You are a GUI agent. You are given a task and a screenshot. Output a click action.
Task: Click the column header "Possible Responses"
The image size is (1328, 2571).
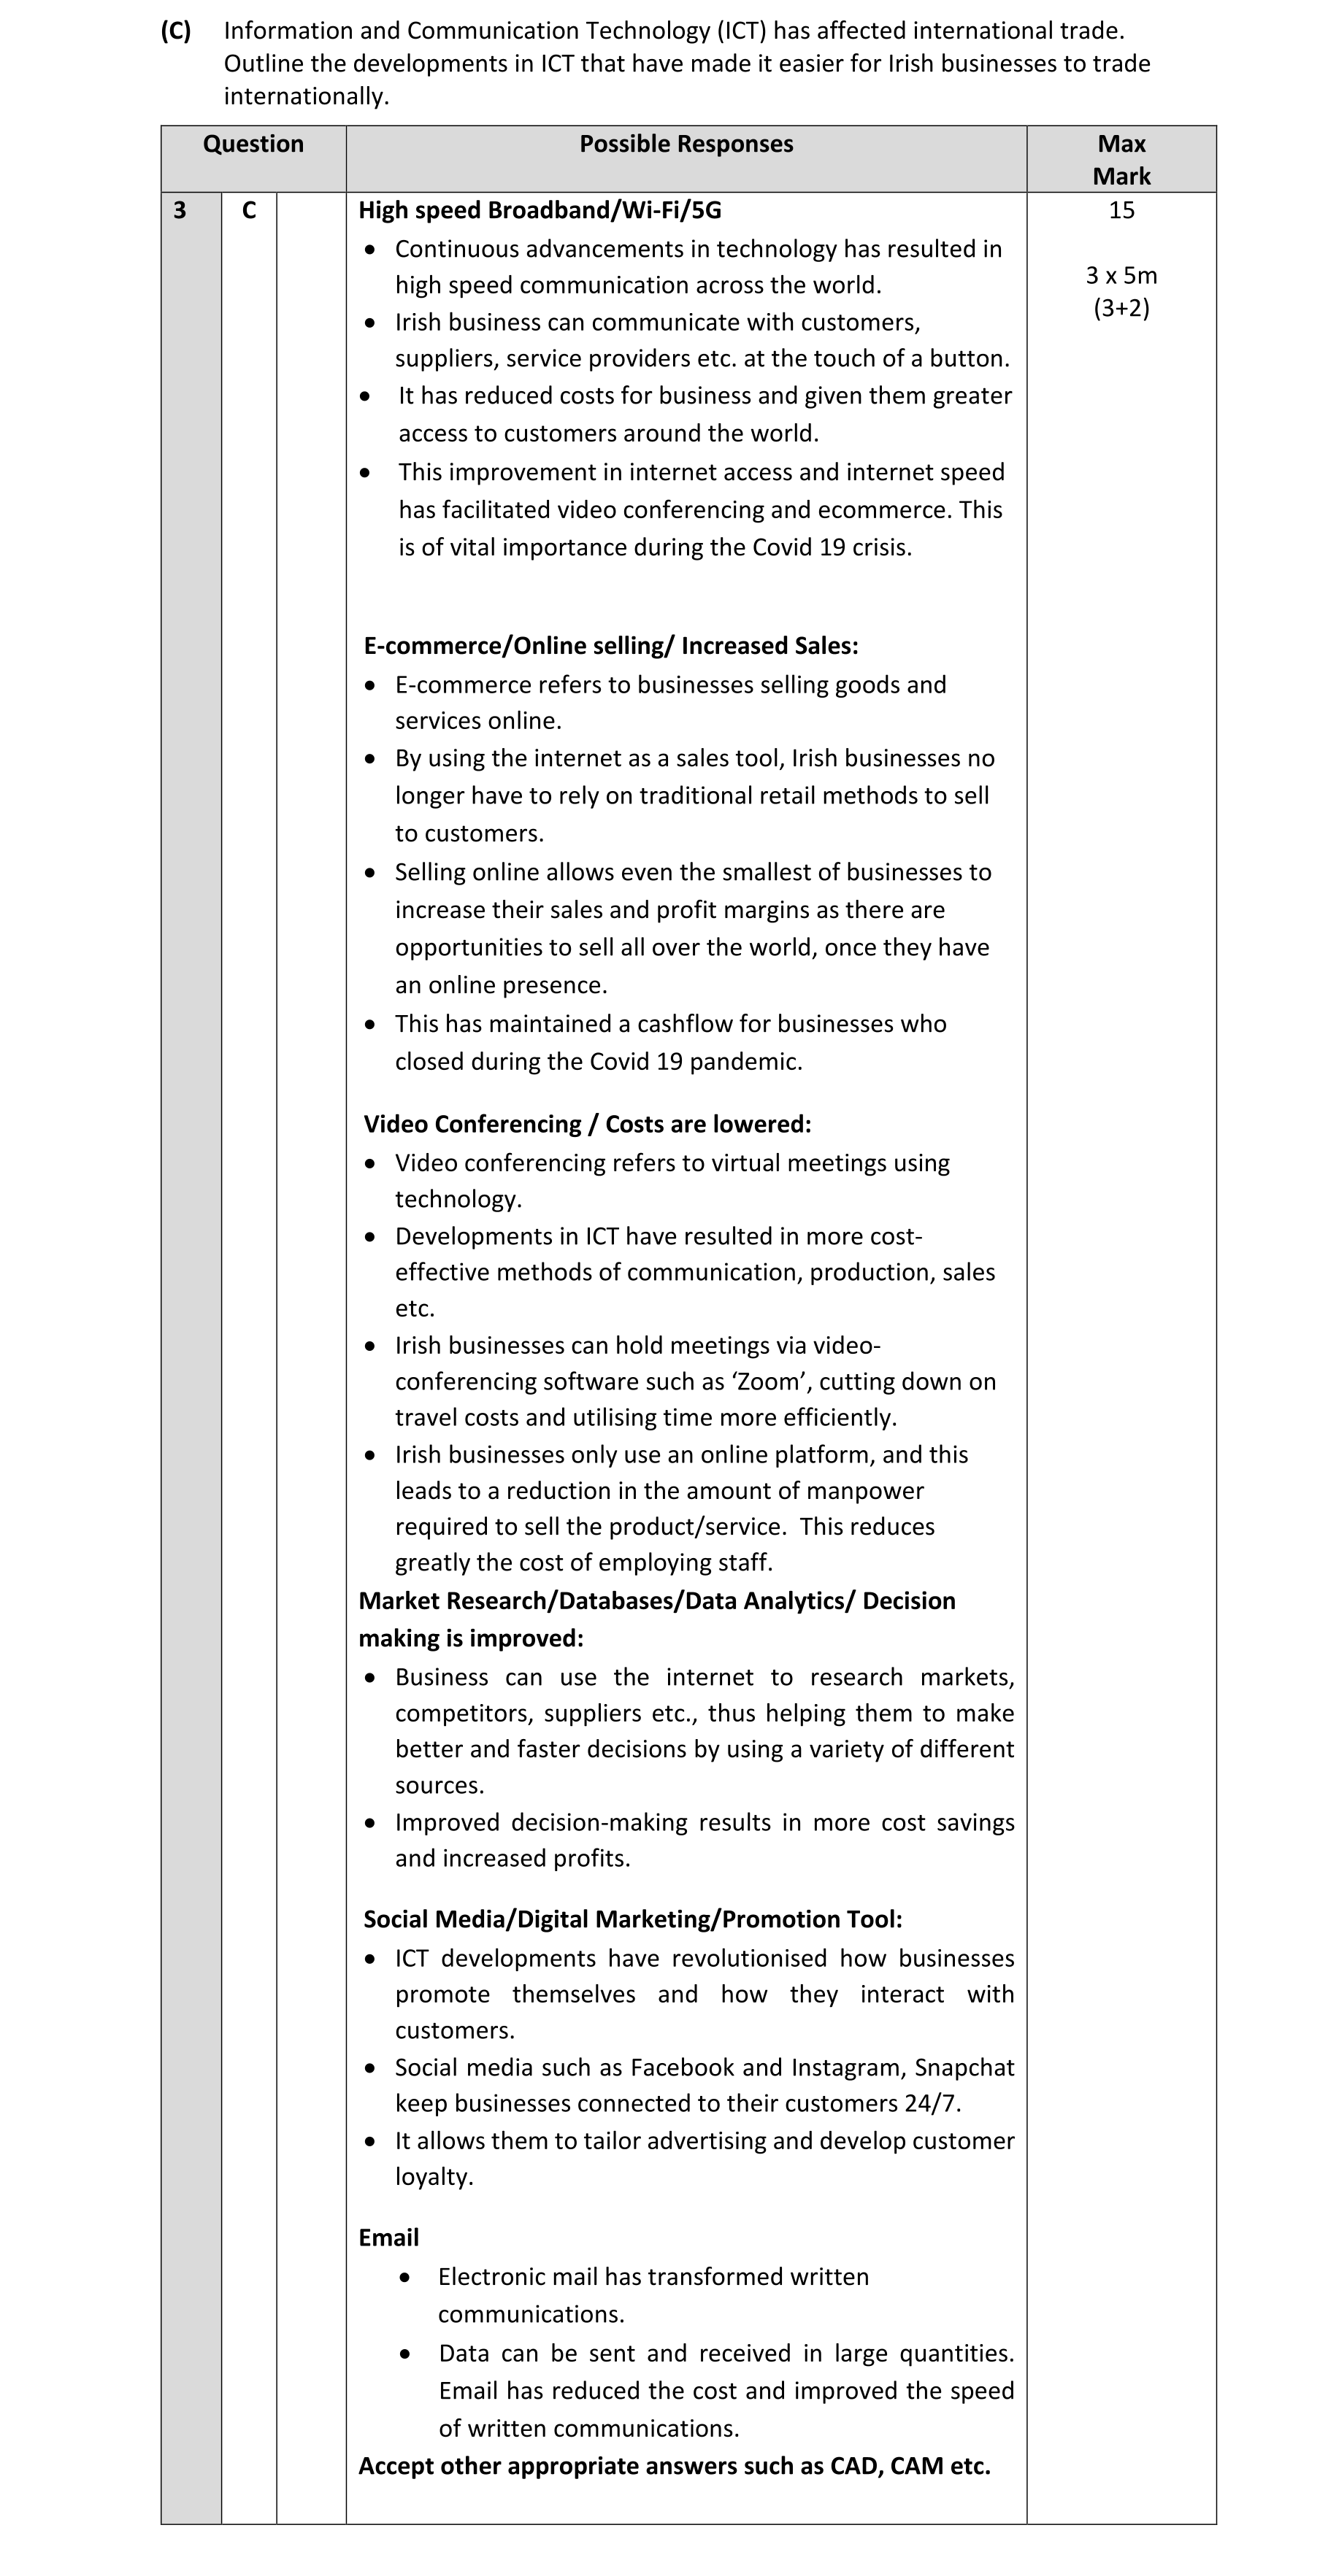click(x=686, y=144)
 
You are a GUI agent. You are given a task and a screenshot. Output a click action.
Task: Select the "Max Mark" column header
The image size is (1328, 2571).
click(x=1121, y=160)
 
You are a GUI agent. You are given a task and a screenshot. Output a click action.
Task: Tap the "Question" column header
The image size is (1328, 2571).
click(x=253, y=144)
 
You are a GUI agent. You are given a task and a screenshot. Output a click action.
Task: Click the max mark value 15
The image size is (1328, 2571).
click(x=1121, y=211)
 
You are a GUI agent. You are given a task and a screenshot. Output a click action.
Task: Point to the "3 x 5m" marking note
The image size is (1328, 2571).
click(x=1121, y=275)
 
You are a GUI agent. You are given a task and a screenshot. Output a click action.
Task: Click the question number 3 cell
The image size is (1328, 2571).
click(x=180, y=211)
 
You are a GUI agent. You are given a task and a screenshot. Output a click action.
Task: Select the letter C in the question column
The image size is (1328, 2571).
click(x=249, y=211)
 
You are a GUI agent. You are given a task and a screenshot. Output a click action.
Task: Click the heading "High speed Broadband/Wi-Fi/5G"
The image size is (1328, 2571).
click(x=540, y=211)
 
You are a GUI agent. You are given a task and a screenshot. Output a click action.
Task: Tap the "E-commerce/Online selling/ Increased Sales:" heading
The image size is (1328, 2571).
click(x=610, y=647)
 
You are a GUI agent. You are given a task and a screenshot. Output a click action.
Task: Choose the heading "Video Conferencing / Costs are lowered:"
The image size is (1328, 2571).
click(x=587, y=1125)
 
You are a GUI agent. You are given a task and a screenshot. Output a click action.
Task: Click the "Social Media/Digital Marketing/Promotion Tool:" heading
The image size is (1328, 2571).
click(x=632, y=1919)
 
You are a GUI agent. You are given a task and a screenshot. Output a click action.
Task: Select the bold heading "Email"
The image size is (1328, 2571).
click(x=388, y=2237)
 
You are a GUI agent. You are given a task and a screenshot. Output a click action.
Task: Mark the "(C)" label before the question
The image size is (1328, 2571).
click(x=176, y=31)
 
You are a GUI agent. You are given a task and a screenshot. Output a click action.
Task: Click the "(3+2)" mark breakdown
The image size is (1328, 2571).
click(x=1121, y=309)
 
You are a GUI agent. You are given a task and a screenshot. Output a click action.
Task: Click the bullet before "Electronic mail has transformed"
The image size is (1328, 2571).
click(x=404, y=2278)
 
